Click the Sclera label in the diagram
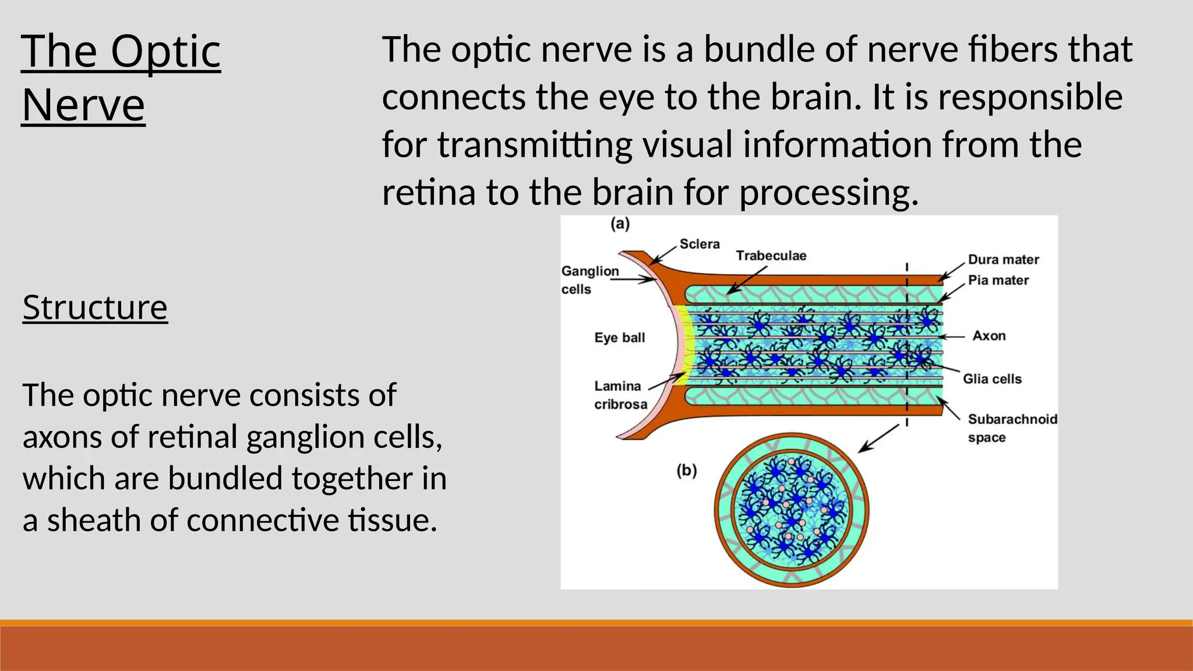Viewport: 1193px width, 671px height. [x=699, y=244]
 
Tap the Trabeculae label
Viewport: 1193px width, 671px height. [x=771, y=256]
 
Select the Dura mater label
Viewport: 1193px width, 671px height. [x=1003, y=260]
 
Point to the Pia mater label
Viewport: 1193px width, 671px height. [x=998, y=280]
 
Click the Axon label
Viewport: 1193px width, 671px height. [x=989, y=336]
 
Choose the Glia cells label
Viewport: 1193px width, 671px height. [x=992, y=379]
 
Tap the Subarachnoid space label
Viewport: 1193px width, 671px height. [x=1012, y=428]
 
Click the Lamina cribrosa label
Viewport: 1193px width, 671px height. [x=620, y=395]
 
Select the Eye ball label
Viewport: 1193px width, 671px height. [x=619, y=338]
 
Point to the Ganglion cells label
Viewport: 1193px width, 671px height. [x=589, y=280]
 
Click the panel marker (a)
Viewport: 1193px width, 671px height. [x=620, y=224]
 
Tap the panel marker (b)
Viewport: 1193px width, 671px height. [x=687, y=470]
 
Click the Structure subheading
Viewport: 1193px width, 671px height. [x=95, y=308]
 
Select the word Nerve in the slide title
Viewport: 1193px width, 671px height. [x=83, y=105]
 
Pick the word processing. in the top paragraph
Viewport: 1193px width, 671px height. [x=828, y=193]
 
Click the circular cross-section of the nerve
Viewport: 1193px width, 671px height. [x=792, y=510]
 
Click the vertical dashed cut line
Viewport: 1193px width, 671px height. [x=907, y=349]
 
